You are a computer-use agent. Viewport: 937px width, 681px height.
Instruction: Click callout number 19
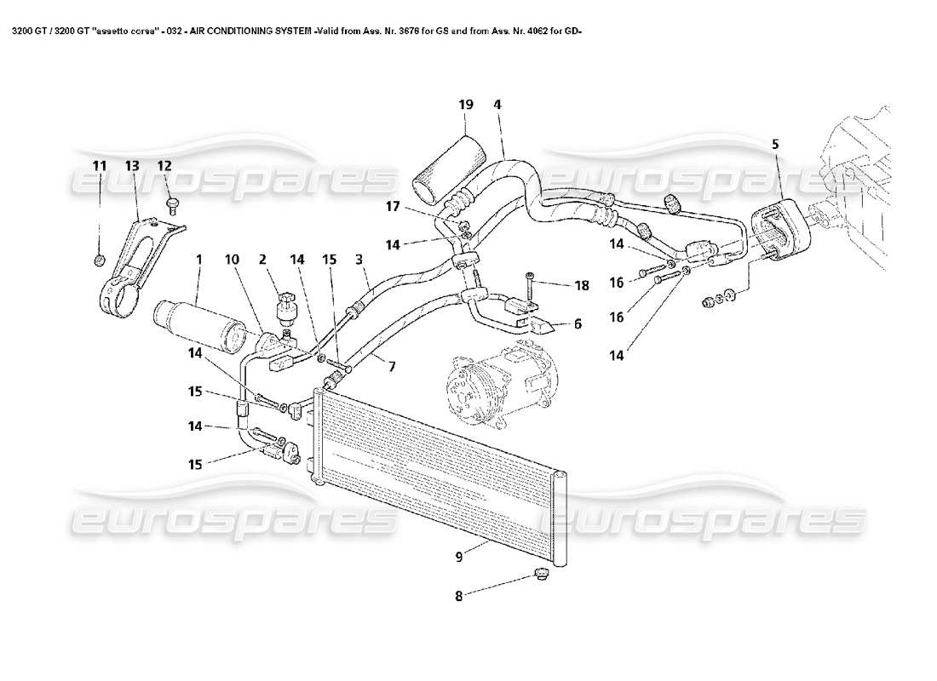[x=465, y=105]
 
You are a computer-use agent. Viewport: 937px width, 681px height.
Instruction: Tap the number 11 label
[x=100, y=164]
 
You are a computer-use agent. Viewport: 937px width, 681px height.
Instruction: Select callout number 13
[x=131, y=164]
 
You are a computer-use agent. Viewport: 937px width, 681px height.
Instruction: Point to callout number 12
[x=164, y=164]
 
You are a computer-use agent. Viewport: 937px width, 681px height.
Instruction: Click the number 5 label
[x=775, y=145]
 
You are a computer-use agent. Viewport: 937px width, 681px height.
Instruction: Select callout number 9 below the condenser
[x=459, y=558]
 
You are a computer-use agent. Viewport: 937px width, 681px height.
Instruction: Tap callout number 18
[x=582, y=286]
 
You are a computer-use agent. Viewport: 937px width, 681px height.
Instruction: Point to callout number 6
[x=578, y=324]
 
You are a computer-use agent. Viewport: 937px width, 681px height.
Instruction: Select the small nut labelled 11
[x=100, y=260]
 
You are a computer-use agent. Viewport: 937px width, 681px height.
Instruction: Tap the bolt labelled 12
[x=173, y=203]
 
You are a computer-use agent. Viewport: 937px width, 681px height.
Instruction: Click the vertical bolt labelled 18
[x=532, y=287]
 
